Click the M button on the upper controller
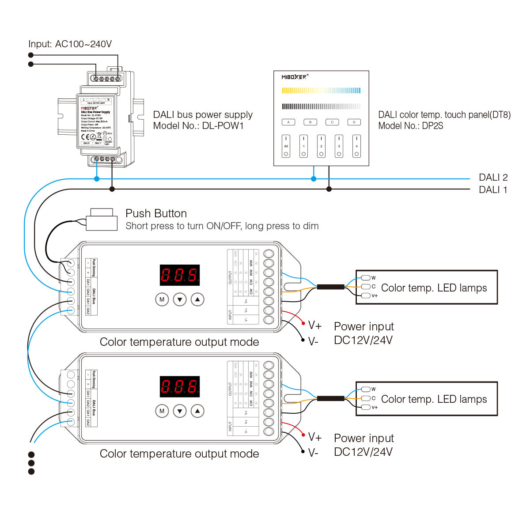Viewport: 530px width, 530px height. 162,299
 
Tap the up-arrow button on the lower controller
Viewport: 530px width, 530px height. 197,411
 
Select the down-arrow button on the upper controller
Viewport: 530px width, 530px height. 180,299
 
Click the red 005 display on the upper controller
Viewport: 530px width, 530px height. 179,275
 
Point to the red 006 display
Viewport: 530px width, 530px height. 179,387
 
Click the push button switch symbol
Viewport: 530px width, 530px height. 102,220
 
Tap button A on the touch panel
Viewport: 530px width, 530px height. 288,122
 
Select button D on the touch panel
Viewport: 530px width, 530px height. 354,122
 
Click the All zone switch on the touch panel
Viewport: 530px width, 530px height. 286,146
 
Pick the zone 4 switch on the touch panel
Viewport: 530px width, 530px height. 356,146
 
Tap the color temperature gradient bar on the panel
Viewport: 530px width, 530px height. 321,91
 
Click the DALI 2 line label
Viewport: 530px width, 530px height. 493,178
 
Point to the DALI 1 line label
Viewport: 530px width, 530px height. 493,190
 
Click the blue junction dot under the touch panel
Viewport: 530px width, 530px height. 314,179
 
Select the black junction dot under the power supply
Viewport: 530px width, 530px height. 112,189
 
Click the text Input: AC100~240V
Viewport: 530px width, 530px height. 70,44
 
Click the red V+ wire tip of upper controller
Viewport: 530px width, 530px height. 303,323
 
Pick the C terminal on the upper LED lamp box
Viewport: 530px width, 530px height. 366,287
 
